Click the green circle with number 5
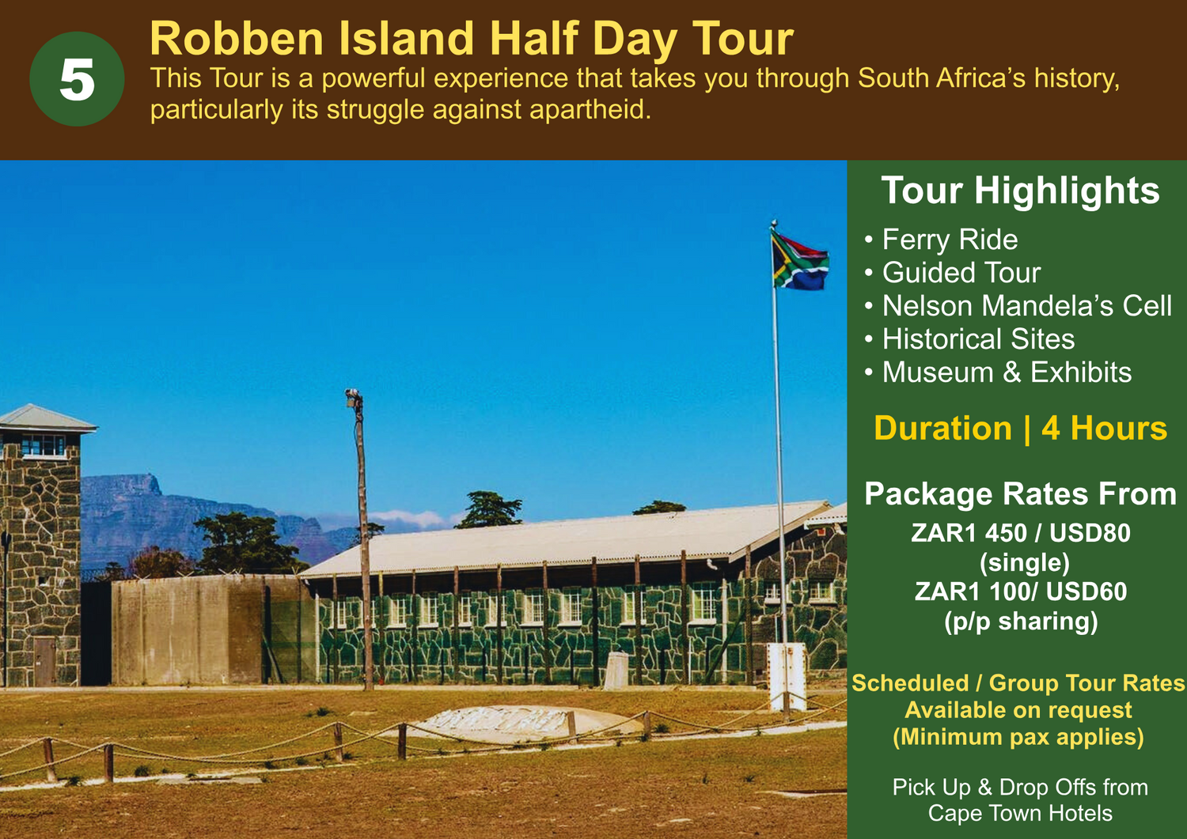78,79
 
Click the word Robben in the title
237,39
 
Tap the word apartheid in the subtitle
590,110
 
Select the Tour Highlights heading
1020,191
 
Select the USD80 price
1090,533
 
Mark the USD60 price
1087,591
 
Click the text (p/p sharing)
1021,622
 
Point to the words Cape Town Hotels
1020,813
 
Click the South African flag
799,261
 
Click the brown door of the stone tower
44,662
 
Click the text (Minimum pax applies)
1018,737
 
